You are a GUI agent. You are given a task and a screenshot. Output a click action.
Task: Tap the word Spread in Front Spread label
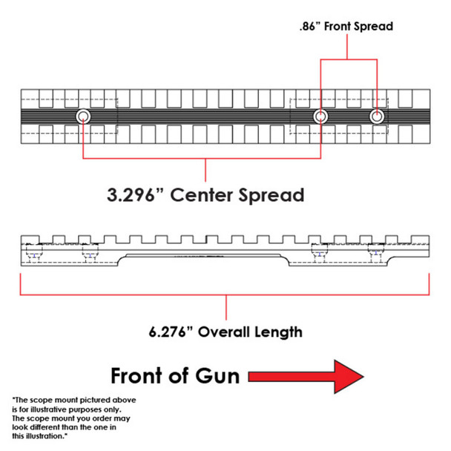tap(370, 27)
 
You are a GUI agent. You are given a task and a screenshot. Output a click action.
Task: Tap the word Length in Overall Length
tap(280, 331)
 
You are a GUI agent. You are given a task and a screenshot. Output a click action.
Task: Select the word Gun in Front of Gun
tap(219, 375)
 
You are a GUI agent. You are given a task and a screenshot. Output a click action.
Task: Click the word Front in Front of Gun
tap(139, 375)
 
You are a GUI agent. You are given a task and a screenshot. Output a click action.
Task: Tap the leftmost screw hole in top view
tap(82, 116)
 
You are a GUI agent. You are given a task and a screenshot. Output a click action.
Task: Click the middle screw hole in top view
tap(320, 116)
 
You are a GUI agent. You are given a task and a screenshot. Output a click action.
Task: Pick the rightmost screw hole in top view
tap(378, 116)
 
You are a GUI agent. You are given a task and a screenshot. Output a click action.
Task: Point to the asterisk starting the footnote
tap(13, 400)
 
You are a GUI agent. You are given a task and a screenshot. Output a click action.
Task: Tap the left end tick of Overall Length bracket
tap(20, 284)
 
